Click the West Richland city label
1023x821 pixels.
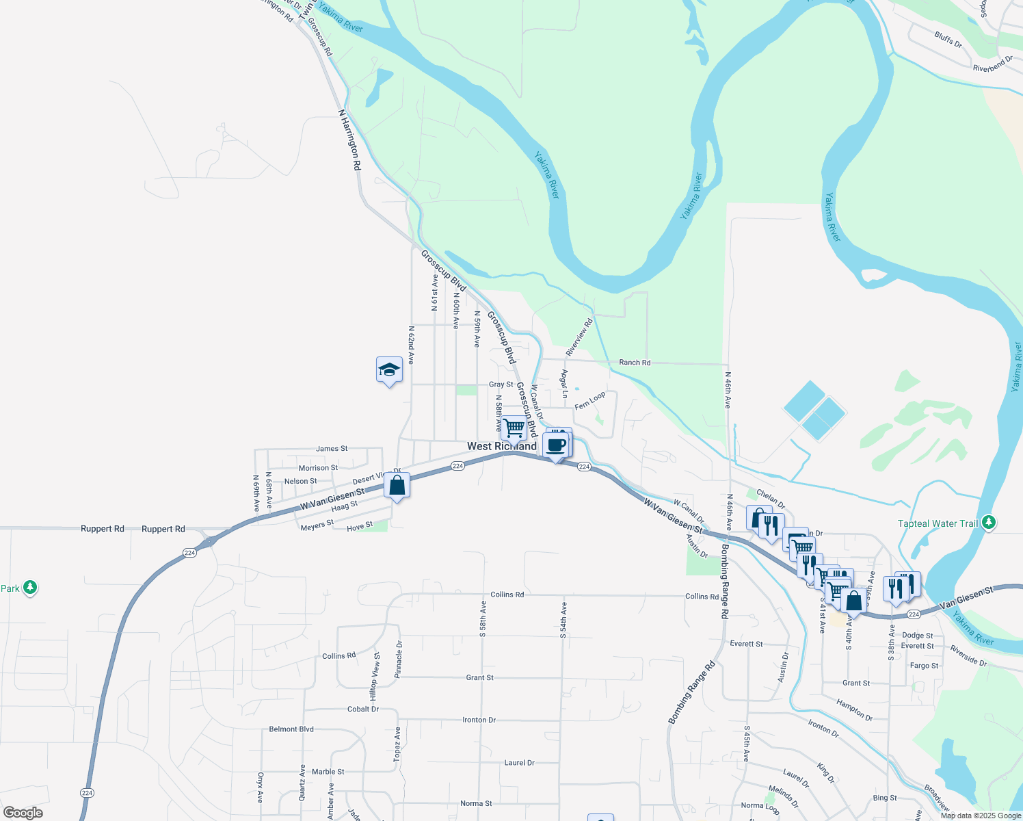tap(501, 446)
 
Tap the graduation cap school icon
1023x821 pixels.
tap(389, 370)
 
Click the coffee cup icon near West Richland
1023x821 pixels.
tap(556, 445)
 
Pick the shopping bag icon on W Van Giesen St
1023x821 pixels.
tap(397, 486)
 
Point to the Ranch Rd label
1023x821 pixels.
tap(635, 363)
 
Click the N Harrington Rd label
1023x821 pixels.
tap(349, 140)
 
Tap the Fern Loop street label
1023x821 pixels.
tap(589, 401)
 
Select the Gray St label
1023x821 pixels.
tap(501, 385)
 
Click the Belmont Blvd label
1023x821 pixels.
tap(291, 729)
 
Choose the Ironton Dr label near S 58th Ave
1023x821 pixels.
tap(479, 720)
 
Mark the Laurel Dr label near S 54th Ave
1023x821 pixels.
tap(519, 763)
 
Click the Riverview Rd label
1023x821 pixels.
tap(579, 337)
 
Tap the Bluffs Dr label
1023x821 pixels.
tap(948, 39)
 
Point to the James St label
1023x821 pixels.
tap(332, 449)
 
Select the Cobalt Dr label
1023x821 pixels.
tap(363, 709)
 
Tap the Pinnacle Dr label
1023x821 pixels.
tap(399, 659)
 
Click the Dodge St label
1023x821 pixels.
tap(917, 636)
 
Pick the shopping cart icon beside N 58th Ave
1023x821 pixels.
tap(514, 429)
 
